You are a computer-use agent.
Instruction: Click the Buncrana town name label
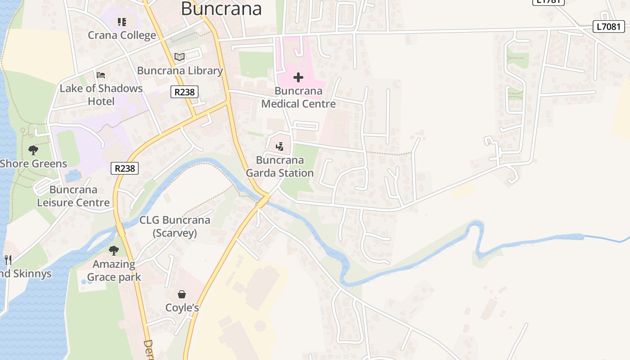pyautogui.click(x=221, y=9)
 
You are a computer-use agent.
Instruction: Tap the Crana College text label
pyautogui.click(x=122, y=35)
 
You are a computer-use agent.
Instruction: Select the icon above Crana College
pyautogui.click(x=121, y=22)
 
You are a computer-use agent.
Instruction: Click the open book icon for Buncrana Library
pyautogui.click(x=180, y=57)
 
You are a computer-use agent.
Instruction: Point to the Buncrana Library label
pyautogui.click(x=180, y=71)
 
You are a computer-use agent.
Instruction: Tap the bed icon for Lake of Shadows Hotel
pyautogui.click(x=101, y=75)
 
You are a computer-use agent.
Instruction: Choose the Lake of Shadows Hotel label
pyautogui.click(x=101, y=94)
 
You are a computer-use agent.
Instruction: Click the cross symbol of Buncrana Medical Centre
pyautogui.click(x=298, y=77)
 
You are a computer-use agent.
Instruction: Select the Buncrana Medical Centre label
pyautogui.click(x=298, y=97)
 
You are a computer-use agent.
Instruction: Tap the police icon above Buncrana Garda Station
pyautogui.click(x=280, y=146)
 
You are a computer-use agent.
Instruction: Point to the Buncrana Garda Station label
pyautogui.click(x=279, y=166)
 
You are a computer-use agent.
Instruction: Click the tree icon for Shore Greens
pyautogui.click(x=33, y=150)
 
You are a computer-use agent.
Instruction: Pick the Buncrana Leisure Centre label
pyautogui.click(x=73, y=196)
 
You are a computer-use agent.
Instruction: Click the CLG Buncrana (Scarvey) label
pyautogui.click(x=175, y=226)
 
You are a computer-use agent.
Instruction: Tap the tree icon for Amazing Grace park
pyautogui.click(x=114, y=250)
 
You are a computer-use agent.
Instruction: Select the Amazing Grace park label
pyautogui.click(x=114, y=270)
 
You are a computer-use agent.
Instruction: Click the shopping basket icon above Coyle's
pyautogui.click(x=182, y=294)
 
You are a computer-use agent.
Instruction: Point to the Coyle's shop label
pyautogui.click(x=182, y=308)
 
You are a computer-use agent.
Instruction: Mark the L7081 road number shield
pyautogui.click(x=609, y=27)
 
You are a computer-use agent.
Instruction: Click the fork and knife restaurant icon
pyautogui.click(x=8, y=260)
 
